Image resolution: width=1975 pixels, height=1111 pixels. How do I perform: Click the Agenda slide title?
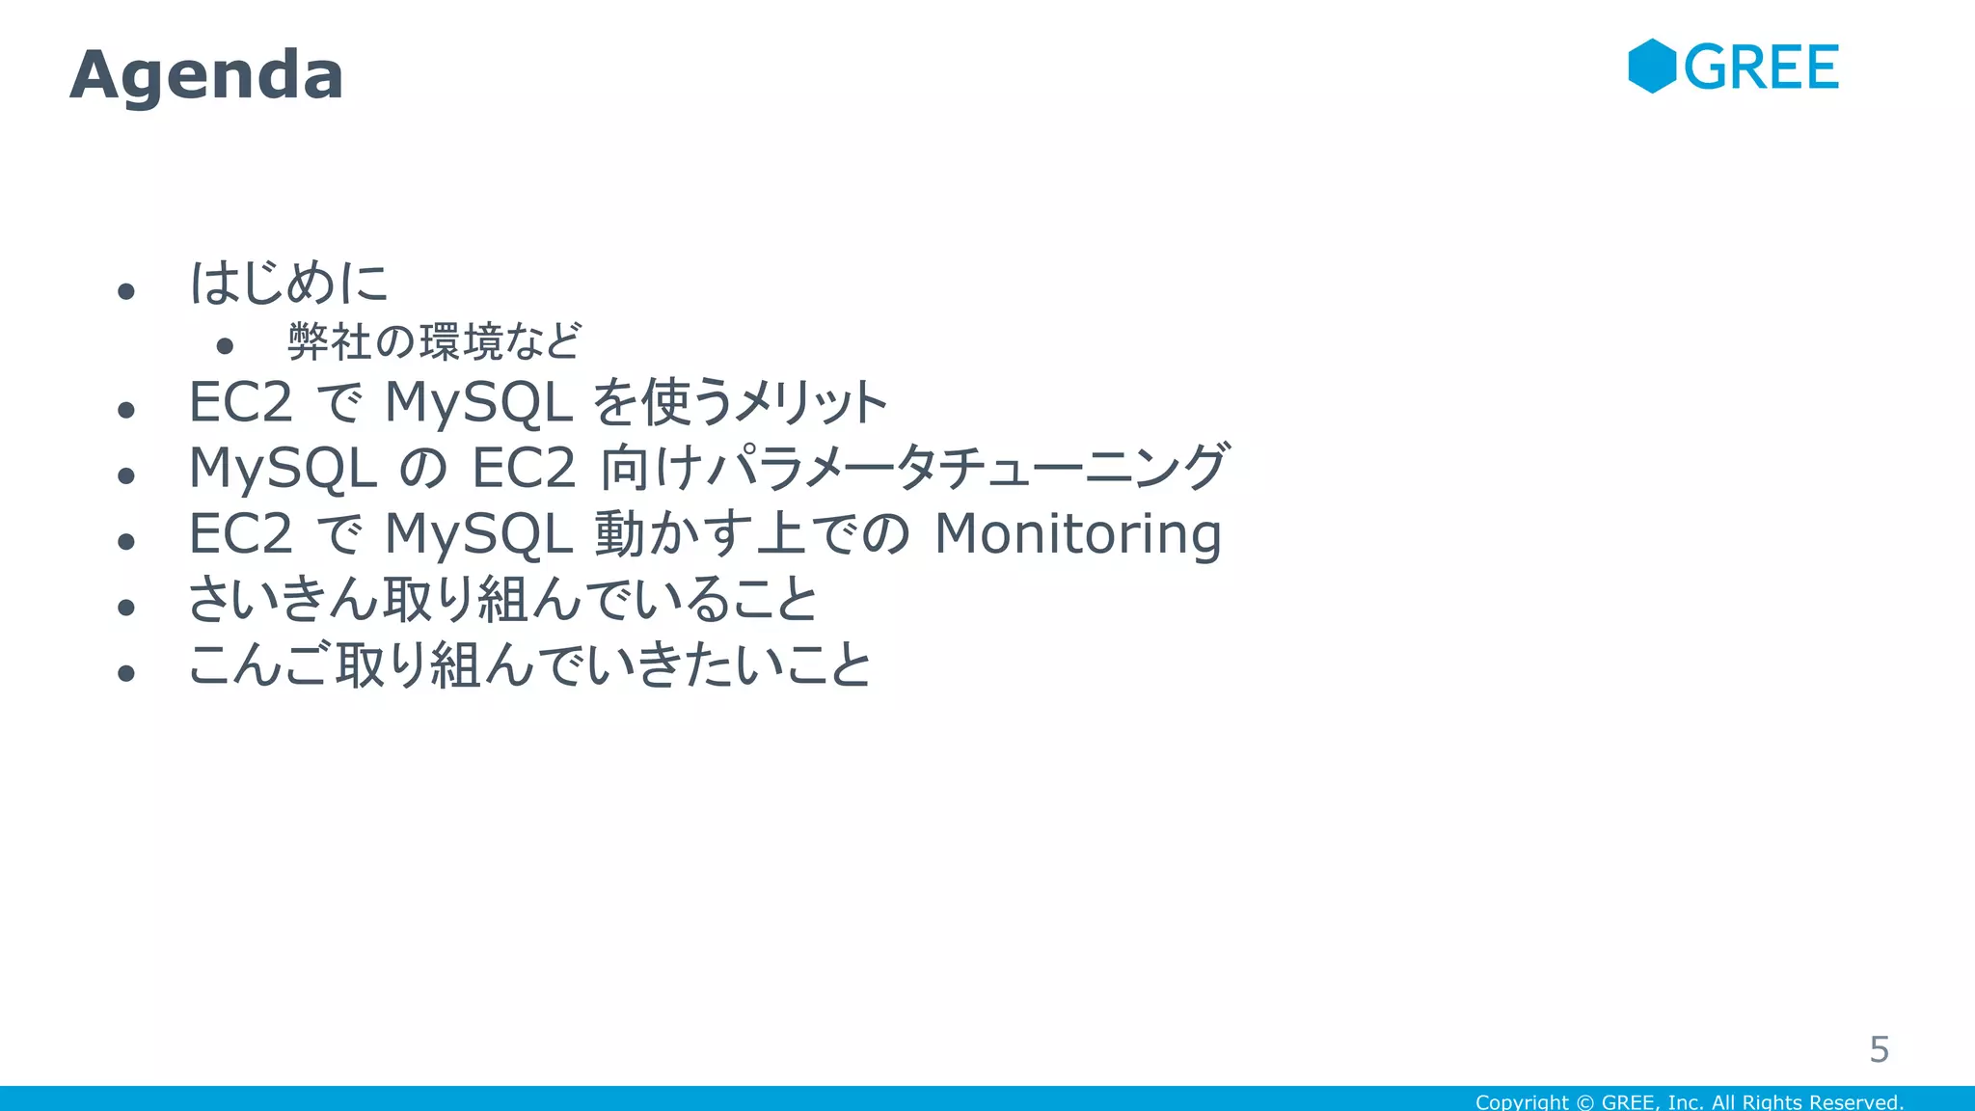tap(206, 75)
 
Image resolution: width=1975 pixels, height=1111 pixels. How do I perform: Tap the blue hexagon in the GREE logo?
tap(1652, 67)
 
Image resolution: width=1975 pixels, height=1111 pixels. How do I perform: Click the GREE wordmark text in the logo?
tap(1761, 68)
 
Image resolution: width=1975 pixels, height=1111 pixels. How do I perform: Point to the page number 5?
tap(1879, 1049)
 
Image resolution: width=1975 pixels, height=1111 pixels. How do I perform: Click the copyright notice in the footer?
tap(1689, 1101)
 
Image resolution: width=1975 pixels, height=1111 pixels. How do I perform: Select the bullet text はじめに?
tap(287, 284)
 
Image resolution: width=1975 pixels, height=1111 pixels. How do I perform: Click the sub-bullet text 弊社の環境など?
tap(434, 341)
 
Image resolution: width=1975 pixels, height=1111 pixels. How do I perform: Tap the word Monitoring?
tap(1077, 534)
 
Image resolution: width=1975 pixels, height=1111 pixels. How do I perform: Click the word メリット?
tap(810, 403)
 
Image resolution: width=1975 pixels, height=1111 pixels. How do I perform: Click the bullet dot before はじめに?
tap(125, 290)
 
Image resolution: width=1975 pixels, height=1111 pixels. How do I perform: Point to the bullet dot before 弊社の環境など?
tap(225, 345)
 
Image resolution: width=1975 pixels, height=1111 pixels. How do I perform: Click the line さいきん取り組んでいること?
tap(501, 599)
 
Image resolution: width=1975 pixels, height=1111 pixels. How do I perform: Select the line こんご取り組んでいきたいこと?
tap(528, 665)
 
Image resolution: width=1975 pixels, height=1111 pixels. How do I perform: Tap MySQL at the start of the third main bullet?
tap(282, 469)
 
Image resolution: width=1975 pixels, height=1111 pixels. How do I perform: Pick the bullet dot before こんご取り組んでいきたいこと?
tap(125, 672)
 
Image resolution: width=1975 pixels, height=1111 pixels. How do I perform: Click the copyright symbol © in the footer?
tap(1584, 1101)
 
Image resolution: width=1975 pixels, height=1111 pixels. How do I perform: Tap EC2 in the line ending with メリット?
tap(240, 403)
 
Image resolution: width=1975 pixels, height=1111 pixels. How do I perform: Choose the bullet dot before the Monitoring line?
tap(125, 541)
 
